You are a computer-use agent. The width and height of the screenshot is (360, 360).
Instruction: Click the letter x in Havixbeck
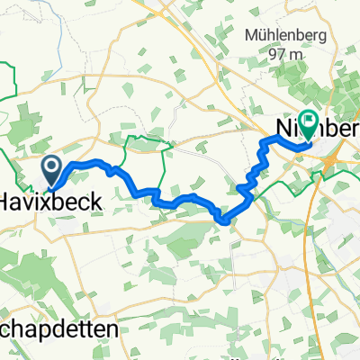45,202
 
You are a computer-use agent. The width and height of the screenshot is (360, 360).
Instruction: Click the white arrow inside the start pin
50,165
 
